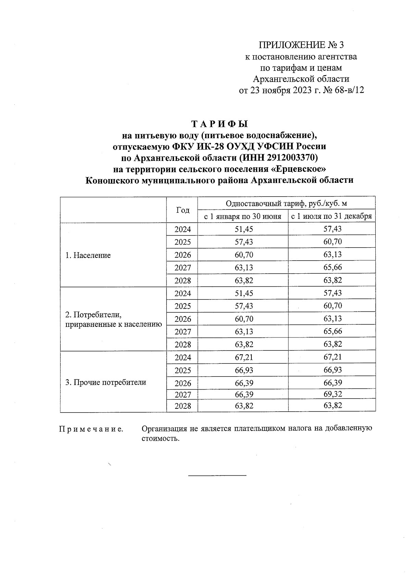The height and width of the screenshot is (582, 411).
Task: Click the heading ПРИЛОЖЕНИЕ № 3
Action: tap(301, 45)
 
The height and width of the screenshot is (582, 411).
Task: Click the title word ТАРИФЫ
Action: tap(219, 123)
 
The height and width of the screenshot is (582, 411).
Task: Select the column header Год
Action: tap(183, 210)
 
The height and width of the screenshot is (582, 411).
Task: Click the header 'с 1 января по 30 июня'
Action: tap(243, 216)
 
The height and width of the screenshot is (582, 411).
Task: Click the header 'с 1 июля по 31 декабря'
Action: tap(332, 216)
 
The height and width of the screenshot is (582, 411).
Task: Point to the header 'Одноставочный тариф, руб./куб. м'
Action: tap(286, 203)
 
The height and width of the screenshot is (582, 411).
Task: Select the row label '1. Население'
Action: tap(88, 255)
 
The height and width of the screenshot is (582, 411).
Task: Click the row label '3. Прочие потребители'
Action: tap(105, 382)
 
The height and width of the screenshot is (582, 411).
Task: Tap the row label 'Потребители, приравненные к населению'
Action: tap(113, 319)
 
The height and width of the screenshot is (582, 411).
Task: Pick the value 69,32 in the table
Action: tap(333, 394)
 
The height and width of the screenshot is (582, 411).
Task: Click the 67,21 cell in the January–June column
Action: tap(244, 357)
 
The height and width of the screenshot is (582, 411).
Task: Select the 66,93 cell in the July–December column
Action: tap(333, 370)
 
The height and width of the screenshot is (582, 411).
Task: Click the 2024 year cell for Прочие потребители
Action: tap(183, 358)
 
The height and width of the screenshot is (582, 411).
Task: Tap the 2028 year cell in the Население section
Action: tap(183, 281)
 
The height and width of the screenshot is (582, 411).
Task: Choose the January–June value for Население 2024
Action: tap(244, 229)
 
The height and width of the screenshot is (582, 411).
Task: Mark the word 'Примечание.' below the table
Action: tap(91, 429)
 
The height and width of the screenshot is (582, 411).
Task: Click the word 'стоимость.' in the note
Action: tap(160, 439)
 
